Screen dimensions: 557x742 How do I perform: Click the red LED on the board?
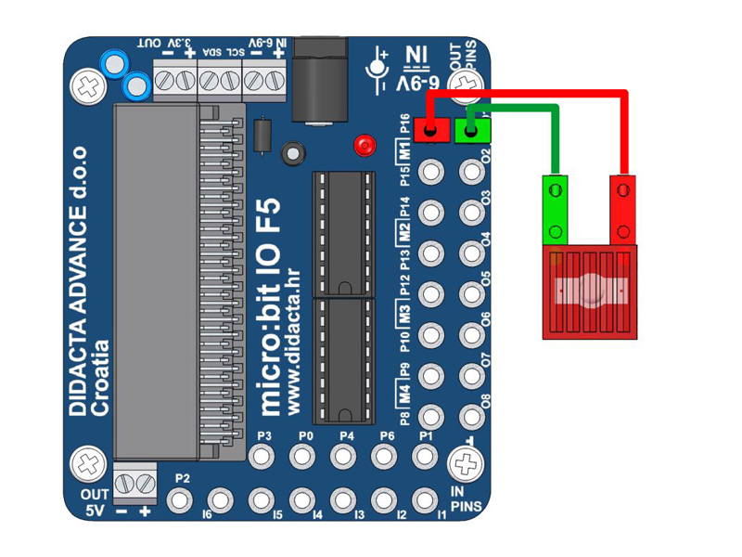(365, 146)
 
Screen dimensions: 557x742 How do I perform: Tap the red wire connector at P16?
(430, 130)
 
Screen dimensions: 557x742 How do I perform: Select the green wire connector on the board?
(472, 130)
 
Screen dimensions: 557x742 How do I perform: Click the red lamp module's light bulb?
(590, 291)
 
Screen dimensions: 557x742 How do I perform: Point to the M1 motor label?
(404, 150)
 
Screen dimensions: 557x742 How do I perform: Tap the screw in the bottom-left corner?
(90, 461)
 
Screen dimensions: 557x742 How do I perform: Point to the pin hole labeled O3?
(472, 212)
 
